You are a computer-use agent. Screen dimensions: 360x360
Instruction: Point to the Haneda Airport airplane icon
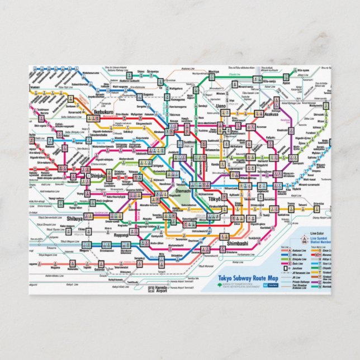151,289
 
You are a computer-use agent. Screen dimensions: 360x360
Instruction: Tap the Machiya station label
214,72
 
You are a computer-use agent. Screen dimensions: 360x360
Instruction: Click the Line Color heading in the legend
316,233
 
